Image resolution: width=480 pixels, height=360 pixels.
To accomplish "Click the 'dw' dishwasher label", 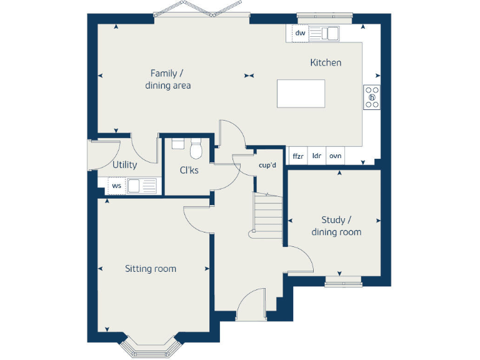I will (300, 33).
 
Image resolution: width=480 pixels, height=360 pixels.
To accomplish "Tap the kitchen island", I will (301, 93).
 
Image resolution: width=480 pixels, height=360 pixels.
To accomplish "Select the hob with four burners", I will (372, 97).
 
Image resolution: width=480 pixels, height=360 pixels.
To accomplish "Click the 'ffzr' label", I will (297, 156).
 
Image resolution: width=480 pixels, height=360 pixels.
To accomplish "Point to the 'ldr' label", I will (317, 156).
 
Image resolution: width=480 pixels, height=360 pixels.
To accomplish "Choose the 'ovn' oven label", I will (336, 156).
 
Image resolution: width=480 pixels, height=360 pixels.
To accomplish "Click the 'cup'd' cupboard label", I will (267, 166).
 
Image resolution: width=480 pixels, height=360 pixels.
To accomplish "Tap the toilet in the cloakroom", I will (196, 149).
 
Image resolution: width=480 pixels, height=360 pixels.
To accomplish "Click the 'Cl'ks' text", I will (189, 170).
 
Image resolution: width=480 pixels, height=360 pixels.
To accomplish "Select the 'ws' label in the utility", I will (116, 186).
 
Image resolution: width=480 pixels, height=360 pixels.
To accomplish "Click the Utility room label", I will (124, 165).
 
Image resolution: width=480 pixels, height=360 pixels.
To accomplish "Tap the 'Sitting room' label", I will (151, 269).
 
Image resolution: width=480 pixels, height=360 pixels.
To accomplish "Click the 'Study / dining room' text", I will (336, 226).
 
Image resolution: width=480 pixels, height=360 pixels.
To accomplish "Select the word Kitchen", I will (326, 62).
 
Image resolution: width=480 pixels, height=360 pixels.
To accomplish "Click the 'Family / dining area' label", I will (167, 79).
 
